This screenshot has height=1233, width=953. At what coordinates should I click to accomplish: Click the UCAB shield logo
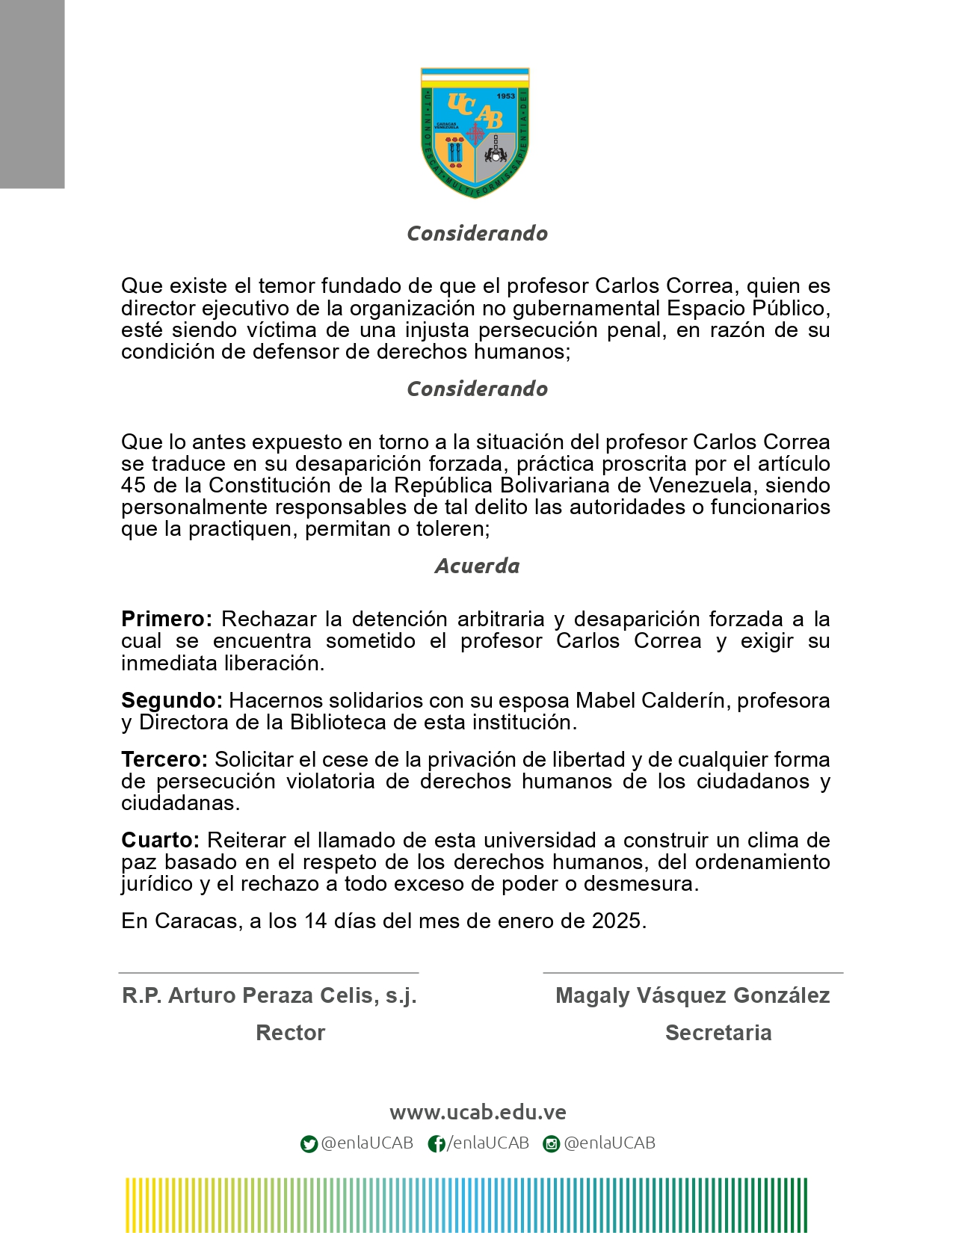(x=475, y=132)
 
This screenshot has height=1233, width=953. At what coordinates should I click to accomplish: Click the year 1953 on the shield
(x=506, y=96)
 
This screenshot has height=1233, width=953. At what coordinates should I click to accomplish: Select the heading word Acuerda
(x=477, y=566)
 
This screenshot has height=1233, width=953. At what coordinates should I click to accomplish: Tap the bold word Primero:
(x=167, y=619)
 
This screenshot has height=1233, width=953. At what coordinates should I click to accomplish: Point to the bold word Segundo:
(x=171, y=700)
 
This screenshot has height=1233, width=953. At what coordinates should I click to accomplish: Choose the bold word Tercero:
(x=164, y=759)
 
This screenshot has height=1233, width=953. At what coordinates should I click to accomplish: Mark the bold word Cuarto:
(x=160, y=840)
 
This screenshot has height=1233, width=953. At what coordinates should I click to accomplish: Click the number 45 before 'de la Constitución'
(x=133, y=485)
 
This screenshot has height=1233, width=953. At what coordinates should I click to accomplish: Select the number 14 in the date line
(x=316, y=921)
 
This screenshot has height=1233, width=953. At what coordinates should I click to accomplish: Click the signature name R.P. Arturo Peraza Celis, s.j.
(x=269, y=995)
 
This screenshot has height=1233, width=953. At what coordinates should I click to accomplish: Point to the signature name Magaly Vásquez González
(x=693, y=995)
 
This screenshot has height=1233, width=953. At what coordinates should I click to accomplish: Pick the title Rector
(x=290, y=1033)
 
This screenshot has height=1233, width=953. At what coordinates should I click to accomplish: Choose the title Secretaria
(x=718, y=1033)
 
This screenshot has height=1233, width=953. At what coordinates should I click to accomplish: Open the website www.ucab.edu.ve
(x=478, y=1112)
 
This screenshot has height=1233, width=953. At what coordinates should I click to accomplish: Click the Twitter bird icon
(x=309, y=1144)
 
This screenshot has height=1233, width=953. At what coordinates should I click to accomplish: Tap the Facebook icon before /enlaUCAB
(x=437, y=1144)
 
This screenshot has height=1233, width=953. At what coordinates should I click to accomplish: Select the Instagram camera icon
(x=552, y=1144)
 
